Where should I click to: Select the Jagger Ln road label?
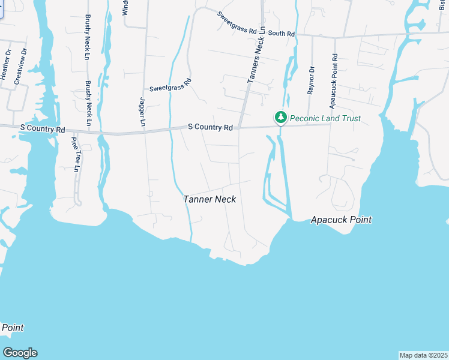coord(143,112)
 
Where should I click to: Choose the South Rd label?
coord(282,34)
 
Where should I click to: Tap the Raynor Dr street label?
coord(311,81)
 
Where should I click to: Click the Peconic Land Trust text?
coord(325,118)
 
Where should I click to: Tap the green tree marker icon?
coord(280,117)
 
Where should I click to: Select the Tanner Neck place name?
coord(209,199)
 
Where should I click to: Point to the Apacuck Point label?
coord(341,220)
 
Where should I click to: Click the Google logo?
coord(20,353)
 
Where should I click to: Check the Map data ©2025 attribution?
coord(423,355)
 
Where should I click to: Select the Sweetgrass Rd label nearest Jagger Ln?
coord(170,85)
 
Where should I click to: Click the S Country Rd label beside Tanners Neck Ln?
coord(210,127)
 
